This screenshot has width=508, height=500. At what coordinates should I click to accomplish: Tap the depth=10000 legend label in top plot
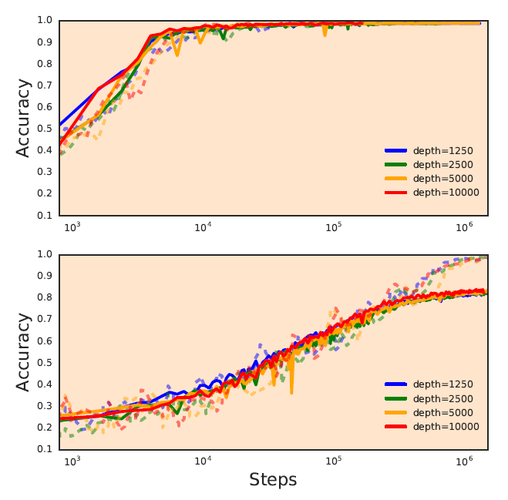[x=446, y=192]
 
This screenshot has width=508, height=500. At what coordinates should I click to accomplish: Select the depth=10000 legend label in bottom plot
[x=446, y=426]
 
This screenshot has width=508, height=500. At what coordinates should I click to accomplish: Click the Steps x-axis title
[x=273, y=480]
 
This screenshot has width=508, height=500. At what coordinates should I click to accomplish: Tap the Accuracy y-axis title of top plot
[x=24, y=118]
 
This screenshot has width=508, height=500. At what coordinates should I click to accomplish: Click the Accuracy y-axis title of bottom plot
[x=24, y=352]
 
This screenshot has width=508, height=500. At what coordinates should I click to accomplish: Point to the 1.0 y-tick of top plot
[x=45, y=21]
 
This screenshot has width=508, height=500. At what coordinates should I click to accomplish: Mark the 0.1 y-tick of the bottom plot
[x=45, y=449]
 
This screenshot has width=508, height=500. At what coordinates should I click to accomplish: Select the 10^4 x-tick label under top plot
[x=203, y=228]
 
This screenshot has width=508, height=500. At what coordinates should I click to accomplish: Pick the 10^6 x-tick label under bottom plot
[x=464, y=461]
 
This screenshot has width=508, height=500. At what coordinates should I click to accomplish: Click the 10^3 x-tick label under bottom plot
[x=72, y=461]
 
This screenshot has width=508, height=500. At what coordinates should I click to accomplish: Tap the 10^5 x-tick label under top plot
[x=334, y=228]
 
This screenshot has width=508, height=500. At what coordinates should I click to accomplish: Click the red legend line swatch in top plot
[x=395, y=192]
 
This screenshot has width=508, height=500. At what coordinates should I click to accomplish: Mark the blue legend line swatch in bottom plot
[x=395, y=384]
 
